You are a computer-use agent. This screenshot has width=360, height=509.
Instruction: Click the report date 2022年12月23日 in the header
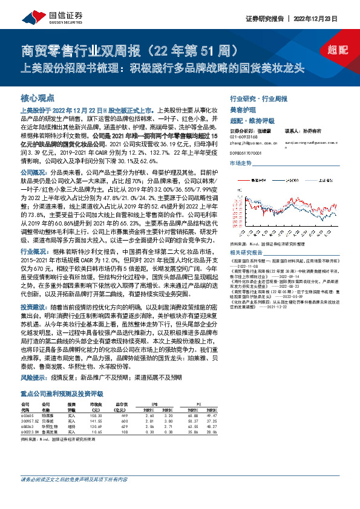pos(317,18)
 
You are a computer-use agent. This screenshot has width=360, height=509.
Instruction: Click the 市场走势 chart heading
pos(241,164)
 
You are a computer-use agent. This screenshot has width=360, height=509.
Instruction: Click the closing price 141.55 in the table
pos(96,421)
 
